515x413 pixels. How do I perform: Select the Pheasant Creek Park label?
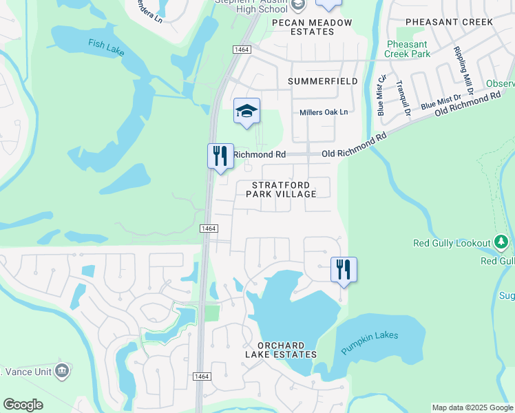(407, 49)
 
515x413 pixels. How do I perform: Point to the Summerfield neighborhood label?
(323, 81)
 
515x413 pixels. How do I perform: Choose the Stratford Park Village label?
(284, 189)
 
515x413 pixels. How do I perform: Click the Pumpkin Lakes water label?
(370, 341)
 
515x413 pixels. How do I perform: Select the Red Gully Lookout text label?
(452, 243)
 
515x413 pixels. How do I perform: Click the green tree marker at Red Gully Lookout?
(501, 242)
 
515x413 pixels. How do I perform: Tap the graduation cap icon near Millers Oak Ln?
(246, 112)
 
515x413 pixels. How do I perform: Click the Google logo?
(23, 405)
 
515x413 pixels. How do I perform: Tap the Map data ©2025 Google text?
(472, 407)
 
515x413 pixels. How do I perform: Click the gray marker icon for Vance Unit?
(62, 370)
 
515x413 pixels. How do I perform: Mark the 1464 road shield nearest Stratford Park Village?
(209, 229)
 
